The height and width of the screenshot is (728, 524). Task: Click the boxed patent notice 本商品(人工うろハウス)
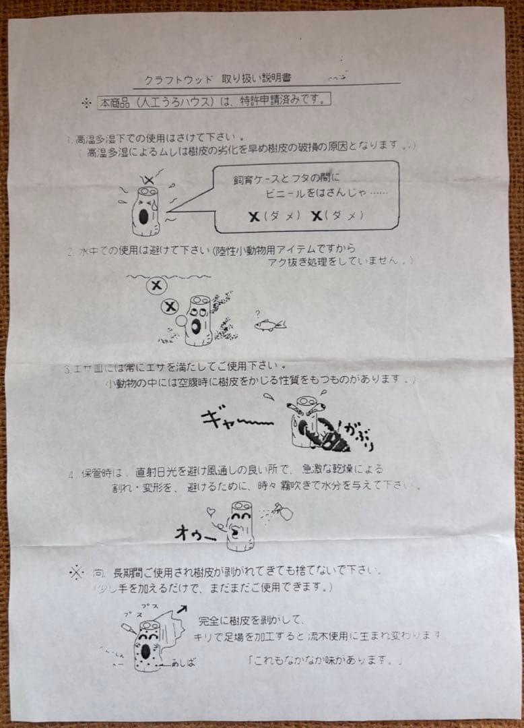tap(214, 102)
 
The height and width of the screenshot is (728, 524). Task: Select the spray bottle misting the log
tap(283, 514)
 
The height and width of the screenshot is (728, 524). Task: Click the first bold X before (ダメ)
tap(254, 216)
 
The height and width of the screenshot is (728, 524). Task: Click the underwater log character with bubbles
tap(199, 320)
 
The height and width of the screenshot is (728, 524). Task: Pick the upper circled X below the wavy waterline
tap(157, 285)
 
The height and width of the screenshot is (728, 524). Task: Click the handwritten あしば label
tap(183, 663)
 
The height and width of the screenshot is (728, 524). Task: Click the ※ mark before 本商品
tap(86, 103)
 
